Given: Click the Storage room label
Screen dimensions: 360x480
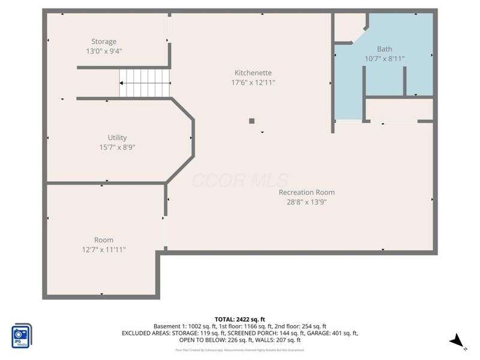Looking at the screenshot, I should tap(104, 41).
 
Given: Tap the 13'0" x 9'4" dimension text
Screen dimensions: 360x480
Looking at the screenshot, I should tap(104, 51).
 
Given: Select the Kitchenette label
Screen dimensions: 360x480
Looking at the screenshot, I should tap(253, 73).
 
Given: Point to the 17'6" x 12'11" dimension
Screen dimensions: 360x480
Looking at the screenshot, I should tap(253, 82).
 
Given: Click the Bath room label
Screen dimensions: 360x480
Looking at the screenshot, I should tap(385, 49).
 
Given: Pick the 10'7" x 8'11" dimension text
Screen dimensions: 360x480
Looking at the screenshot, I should tap(385, 59).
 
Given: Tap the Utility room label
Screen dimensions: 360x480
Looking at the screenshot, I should tap(117, 137).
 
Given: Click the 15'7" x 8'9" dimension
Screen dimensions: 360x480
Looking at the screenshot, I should tap(117, 147).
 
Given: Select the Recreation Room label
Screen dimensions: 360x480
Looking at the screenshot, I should tap(307, 192).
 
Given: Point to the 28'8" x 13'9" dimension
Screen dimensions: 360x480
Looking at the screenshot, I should tap(307, 202).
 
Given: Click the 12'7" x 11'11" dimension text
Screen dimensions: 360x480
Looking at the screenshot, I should tap(104, 249).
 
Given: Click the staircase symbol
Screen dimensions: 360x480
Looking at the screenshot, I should tap(145, 82).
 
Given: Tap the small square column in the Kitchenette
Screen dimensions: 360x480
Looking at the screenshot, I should tap(252, 121).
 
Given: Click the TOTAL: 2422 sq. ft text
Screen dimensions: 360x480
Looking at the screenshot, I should tap(240, 319).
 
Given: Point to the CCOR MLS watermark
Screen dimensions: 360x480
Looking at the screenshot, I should tap(240, 180).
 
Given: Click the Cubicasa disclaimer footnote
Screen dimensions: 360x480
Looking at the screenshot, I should tap(240, 350).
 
